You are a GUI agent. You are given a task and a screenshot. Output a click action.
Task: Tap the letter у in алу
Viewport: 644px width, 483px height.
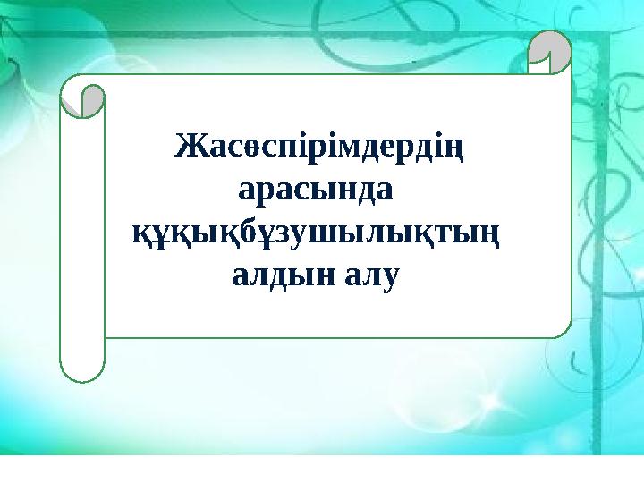[x=387, y=278]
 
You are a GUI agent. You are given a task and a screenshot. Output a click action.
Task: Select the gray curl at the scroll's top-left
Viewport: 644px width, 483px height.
[x=82, y=101]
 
